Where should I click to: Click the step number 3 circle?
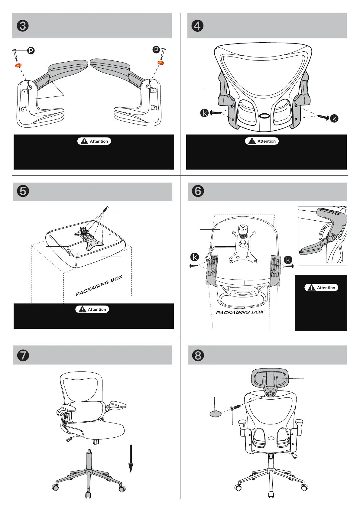coord(23,26)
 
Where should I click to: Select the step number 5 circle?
coord(23,191)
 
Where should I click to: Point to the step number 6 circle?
coord(198,191)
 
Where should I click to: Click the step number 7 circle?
coord(23,355)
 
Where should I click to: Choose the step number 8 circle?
coord(198,355)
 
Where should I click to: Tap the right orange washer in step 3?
coord(161,63)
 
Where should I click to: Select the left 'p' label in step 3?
coord(31,50)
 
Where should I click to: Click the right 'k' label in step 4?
coord(334,118)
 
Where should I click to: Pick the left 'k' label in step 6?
coord(195,257)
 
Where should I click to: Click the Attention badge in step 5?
coord(92,309)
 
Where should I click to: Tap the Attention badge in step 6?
coord(321,288)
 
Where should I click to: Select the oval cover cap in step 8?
coord(215,413)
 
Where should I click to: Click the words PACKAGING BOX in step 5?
coord(99,286)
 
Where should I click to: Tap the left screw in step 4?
coord(216,113)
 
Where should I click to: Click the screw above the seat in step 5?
coord(105,209)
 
